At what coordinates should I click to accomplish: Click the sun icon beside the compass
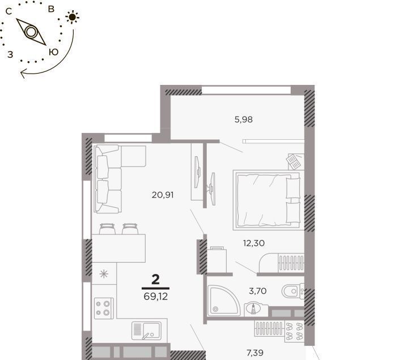click(73, 17)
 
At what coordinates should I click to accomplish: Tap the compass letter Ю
click(54, 52)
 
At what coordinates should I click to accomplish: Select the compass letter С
click(9, 11)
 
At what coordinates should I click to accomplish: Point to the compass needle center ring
click(31, 32)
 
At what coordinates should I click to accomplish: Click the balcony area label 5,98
click(244, 119)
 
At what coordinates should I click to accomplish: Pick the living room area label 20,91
click(163, 195)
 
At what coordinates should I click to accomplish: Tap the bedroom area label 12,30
click(254, 243)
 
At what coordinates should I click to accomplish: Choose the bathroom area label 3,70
click(258, 291)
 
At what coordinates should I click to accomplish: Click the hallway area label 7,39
click(255, 353)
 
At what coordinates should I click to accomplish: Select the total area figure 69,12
click(156, 296)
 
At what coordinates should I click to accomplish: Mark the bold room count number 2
click(155, 280)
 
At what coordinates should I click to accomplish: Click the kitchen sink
click(146, 331)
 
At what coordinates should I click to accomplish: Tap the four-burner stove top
click(104, 308)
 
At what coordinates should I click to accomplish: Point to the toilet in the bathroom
click(293, 291)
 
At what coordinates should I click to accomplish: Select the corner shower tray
click(224, 301)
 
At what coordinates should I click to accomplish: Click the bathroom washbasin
click(253, 308)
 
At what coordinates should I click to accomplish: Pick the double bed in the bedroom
click(268, 200)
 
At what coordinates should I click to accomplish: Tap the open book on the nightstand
click(294, 161)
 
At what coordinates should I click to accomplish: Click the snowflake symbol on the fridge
click(104, 274)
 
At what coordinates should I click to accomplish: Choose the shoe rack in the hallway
click(294, 331)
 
